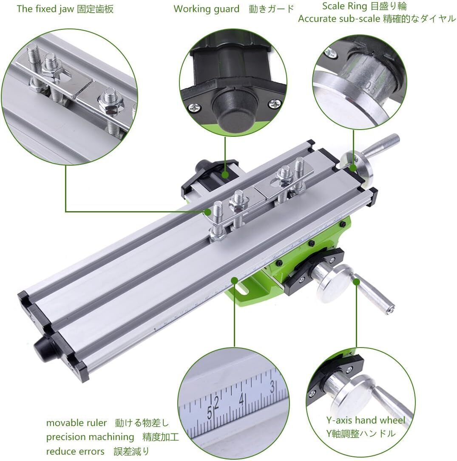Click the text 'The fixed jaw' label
(x=45, y=9)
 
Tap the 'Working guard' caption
(x=207, y=9)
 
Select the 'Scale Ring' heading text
(x=345, y=6)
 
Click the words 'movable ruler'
(x=77, y=423)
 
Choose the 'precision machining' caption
(x=90, y=437)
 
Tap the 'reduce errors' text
(x=75, y=451)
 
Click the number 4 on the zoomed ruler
(x=242, y=399)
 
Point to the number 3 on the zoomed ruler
(x=272, y=386)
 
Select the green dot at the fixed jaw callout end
(x=208, y=212)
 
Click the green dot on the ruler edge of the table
(x=234, y=280)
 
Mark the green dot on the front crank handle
(x=356, y=282)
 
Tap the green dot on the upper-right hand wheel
(x=353, y=168)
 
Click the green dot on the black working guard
(x=225, y=175)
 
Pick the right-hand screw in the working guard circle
(x=275, y=103)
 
